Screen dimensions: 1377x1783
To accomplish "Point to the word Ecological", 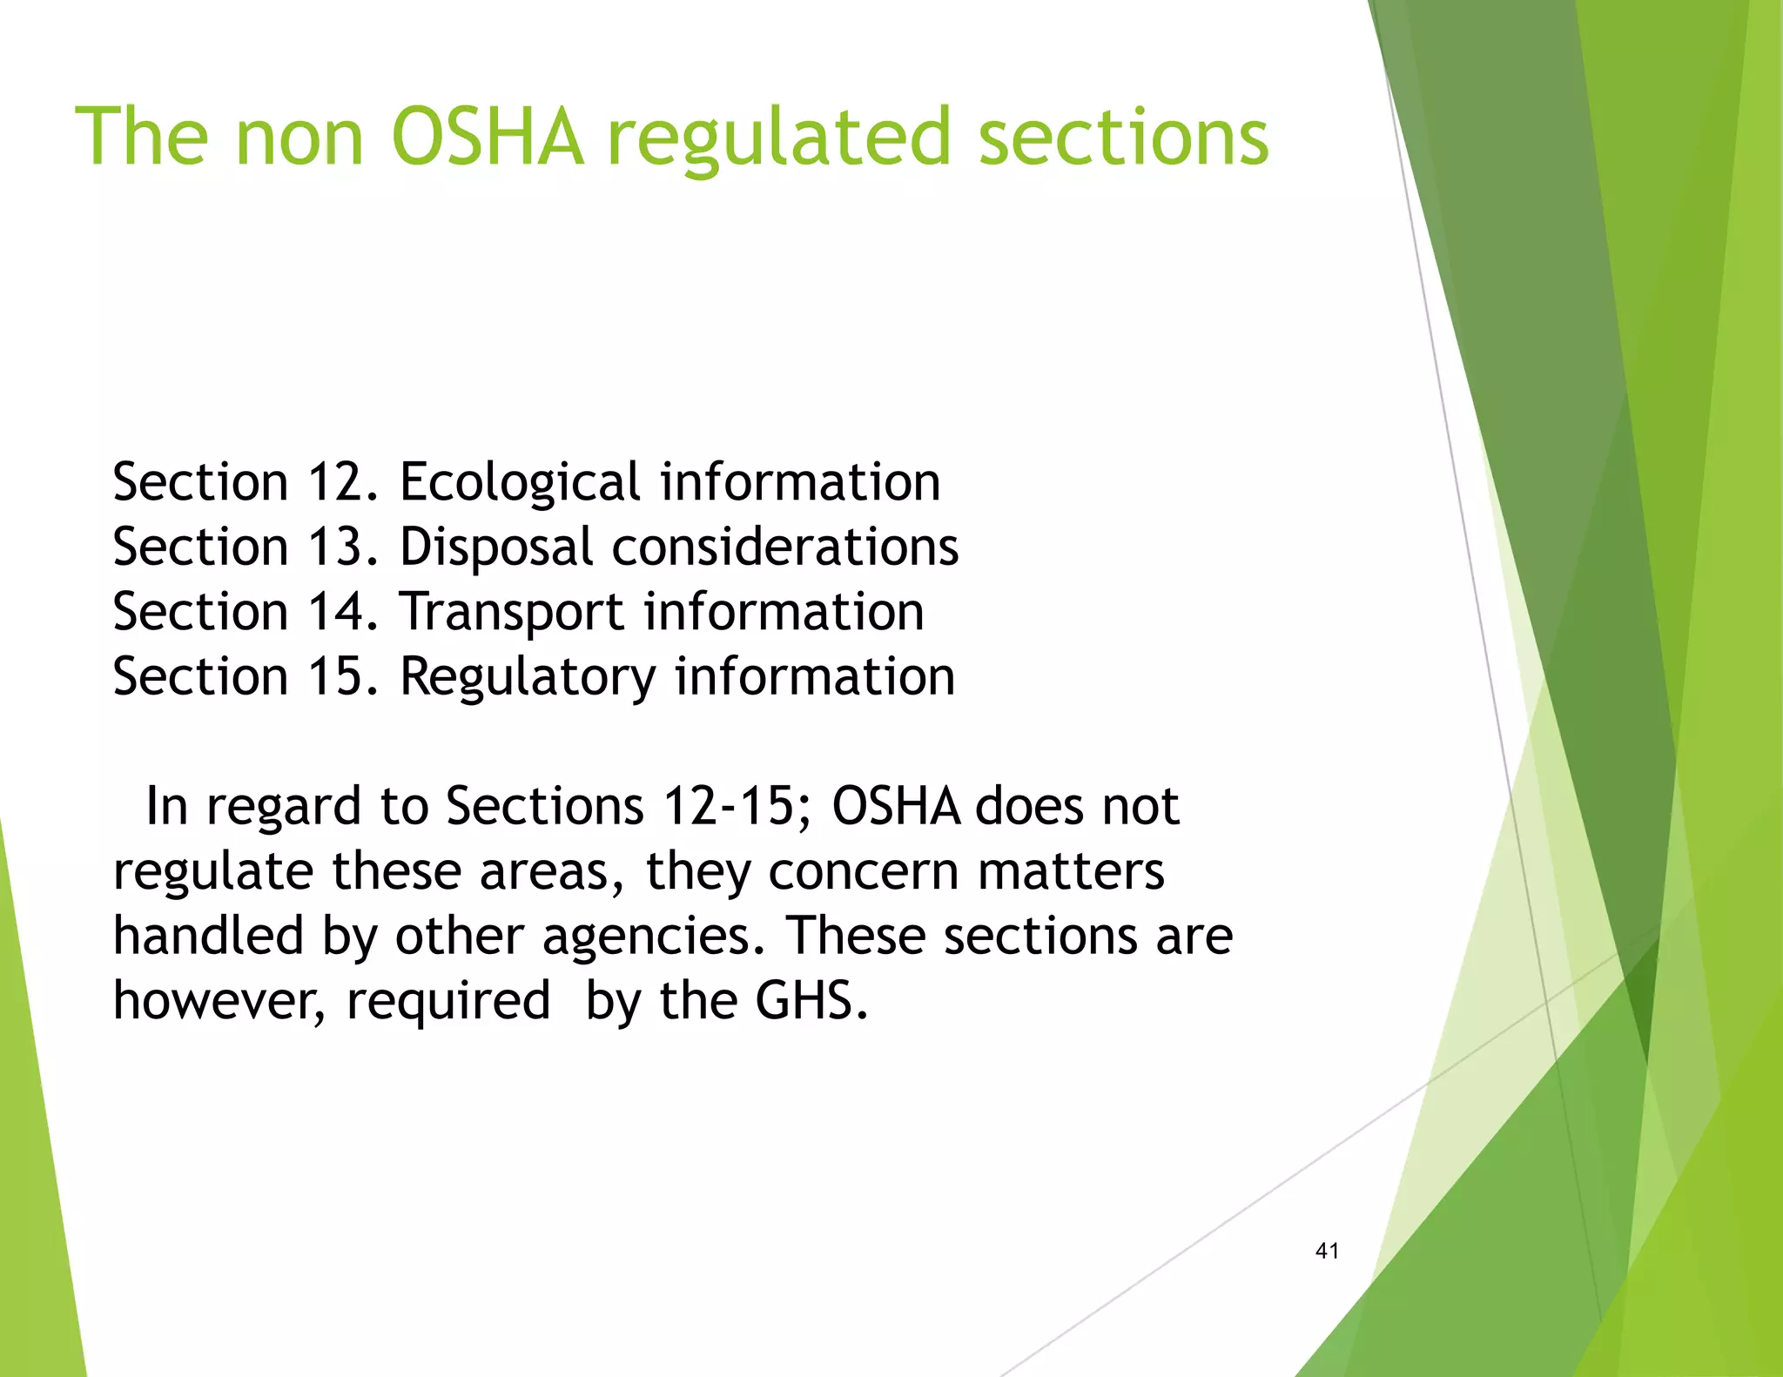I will coord(520,484).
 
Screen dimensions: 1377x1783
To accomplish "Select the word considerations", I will coord(785,547).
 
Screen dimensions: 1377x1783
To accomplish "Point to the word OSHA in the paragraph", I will coord(896,806).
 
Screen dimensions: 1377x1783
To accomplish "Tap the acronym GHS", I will coord(811,1001).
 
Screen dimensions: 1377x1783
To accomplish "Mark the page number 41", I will coord(1327,1251).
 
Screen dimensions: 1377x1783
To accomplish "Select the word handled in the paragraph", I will coord(208,936).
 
